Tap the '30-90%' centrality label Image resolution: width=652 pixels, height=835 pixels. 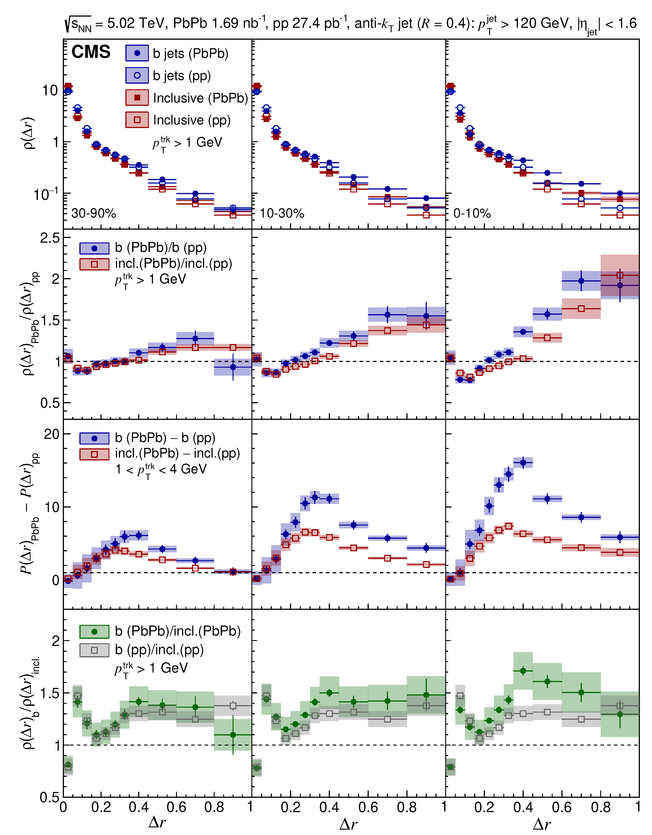[94, 213]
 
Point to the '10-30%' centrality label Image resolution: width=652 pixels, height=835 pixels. [282, 213]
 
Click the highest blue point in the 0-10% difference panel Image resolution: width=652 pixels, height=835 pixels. [523, 463]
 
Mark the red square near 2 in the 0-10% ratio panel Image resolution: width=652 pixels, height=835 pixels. [620, 275]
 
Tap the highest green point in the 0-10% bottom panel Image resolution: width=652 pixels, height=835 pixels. [523, 671]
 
